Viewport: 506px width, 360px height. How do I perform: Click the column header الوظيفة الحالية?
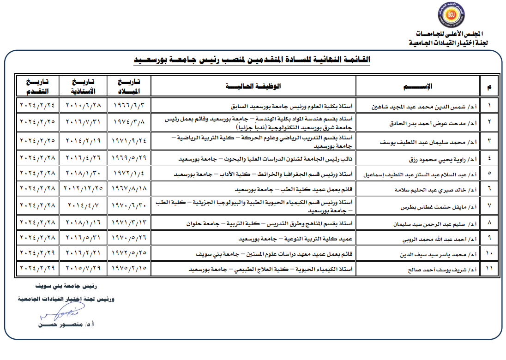point(253,86)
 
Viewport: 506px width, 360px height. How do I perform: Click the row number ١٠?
point(489,254)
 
